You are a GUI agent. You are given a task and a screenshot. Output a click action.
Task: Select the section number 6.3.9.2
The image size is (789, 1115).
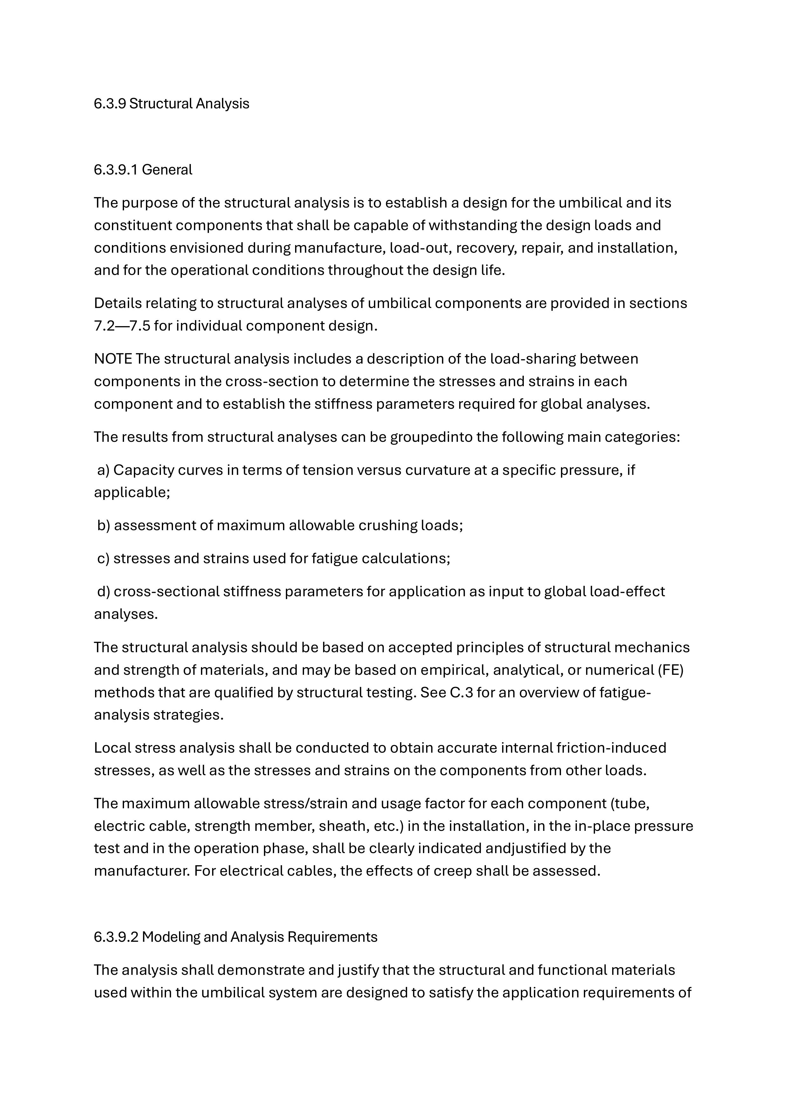click(x=116, y=936)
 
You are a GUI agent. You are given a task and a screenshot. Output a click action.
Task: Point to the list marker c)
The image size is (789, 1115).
click(x=103, y=558)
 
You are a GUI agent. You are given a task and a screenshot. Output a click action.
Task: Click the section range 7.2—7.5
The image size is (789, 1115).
click(x=121, y=326)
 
